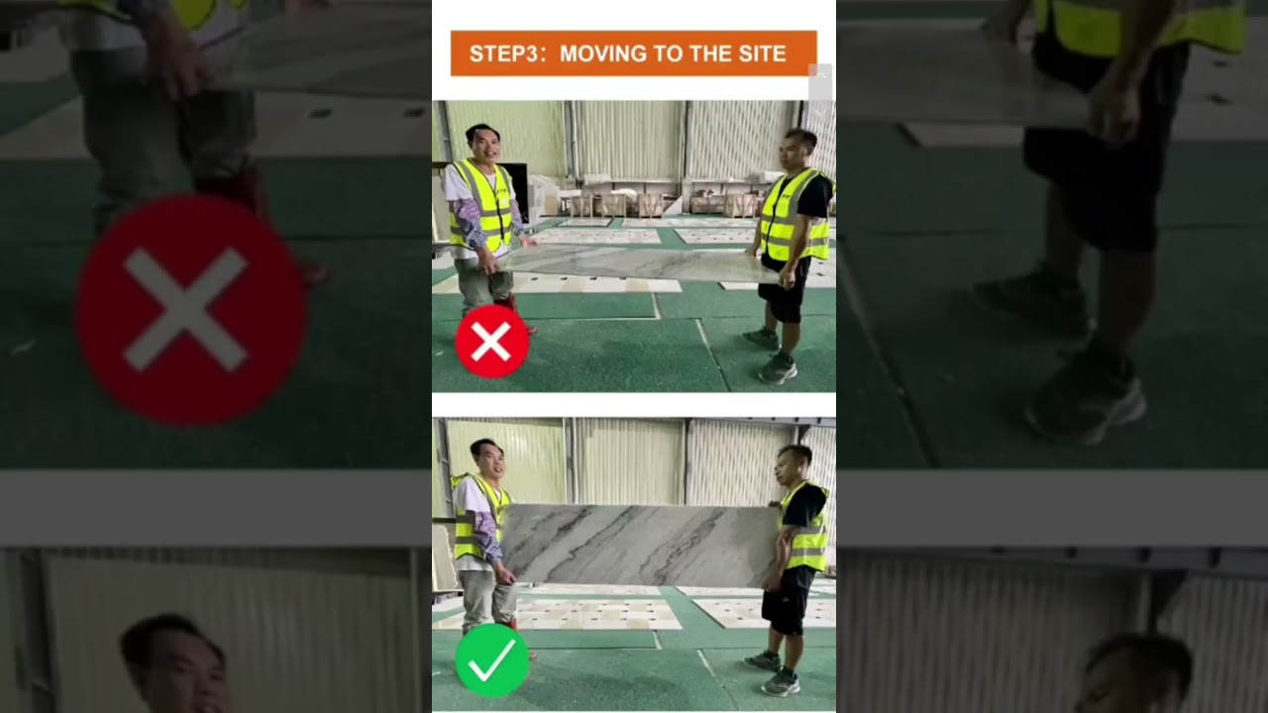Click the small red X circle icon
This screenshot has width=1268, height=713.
click(491, 342)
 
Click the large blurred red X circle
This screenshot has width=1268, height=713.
click(190, 310)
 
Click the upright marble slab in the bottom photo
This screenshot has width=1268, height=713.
click(639, 544)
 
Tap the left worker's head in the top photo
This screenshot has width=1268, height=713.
click(481, 144)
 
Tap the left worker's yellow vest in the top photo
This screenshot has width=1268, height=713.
click(482, 206)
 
